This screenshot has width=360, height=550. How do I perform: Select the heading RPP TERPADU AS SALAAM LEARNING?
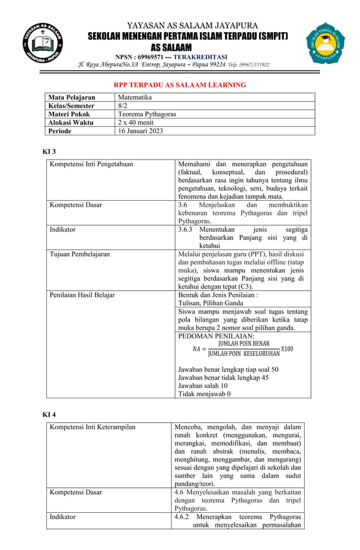pyautogui.click(x=180, y=85)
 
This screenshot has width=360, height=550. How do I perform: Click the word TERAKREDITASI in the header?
pyautogui.click(x=200, y=57)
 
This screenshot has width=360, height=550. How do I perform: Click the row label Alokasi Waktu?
pyautogui.click(x=71, y=122)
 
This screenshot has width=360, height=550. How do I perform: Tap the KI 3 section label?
pyautogui.click(x=50, y=152)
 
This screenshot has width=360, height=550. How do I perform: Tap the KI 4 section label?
pyautogui.click(x=50, y=415)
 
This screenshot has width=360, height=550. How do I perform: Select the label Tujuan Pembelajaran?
pyautogui.click(x=80, y=254)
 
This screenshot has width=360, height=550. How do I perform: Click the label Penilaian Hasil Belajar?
pyautogui.click(x=82, y=295)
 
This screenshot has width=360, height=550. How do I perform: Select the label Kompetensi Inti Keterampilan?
pyautogui.click(x=93, y=427)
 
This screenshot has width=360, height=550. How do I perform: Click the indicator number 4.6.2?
pyautogui.click(x=183, y=517)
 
